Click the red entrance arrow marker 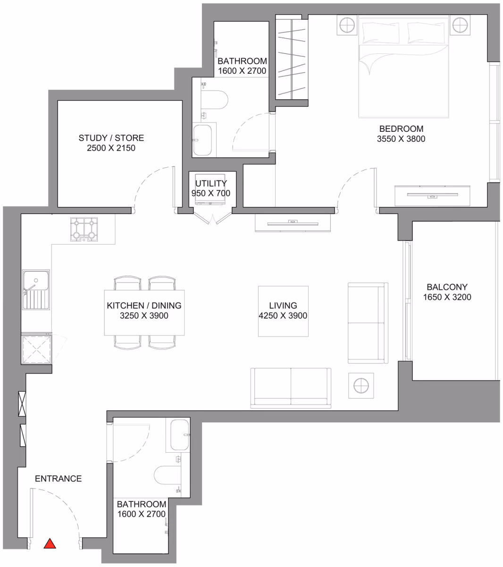click(50, 543)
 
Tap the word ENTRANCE click(59, 479)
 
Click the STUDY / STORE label click(111, 137)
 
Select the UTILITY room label click(211, 183)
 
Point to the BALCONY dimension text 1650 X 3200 click(447, 297)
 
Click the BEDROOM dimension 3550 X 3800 click(401, 139)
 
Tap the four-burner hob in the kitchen click(84, 229)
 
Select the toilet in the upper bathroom click(214, 100)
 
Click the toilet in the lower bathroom click(168, 475)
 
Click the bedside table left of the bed click(347, 25)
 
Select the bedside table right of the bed click(460, 25)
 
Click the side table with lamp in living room click(361, 386)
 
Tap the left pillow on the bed click(381, 33)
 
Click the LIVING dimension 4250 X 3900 click(283, 316)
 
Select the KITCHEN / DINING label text click(144, 305)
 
